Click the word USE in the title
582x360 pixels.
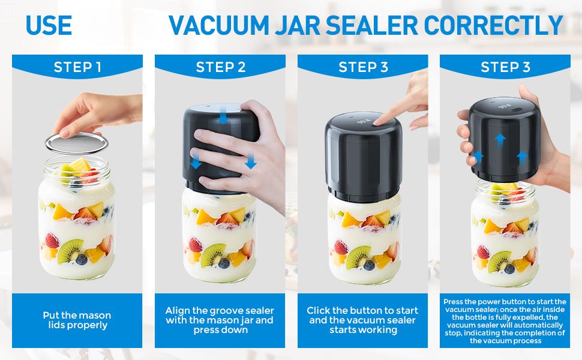[49, 25]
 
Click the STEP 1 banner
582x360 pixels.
[77, 67]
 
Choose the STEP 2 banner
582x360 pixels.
[220, 67]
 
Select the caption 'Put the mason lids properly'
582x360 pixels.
[77, 320]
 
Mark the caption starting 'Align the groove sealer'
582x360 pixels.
[220, 320]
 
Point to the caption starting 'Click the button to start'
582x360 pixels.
[362, 320]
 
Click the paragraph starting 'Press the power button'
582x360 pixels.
[505, 320]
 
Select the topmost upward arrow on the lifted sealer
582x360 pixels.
[499, 139]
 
